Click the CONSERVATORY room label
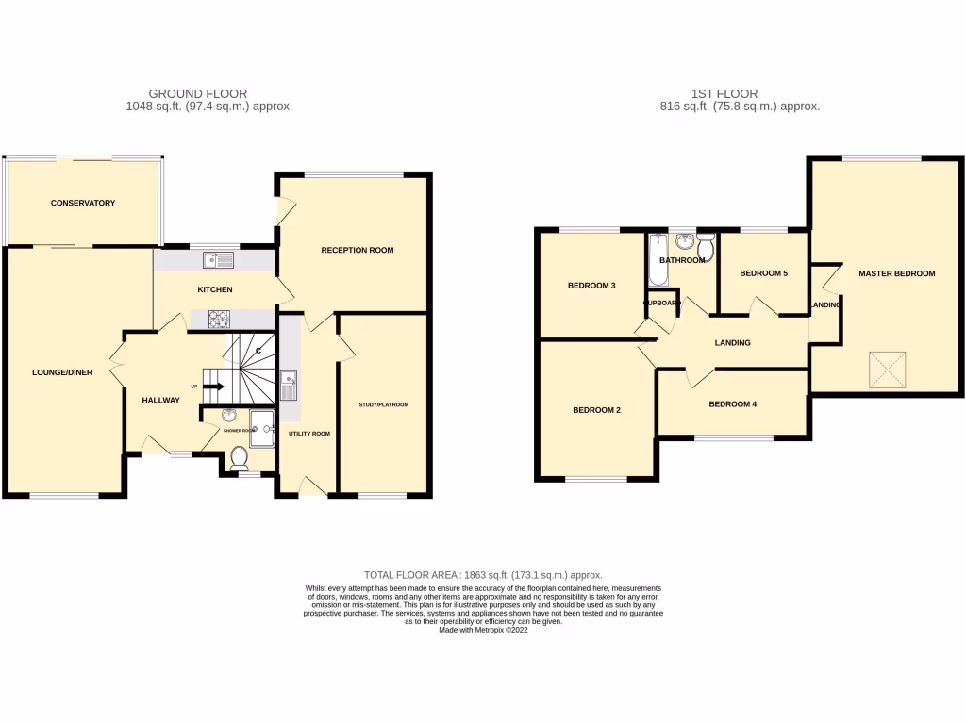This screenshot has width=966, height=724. pos(83,203)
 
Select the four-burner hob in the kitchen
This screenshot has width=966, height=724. pos(219,319)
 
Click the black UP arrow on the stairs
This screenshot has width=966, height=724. pos(211,386)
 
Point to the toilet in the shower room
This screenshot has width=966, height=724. pos(239,458)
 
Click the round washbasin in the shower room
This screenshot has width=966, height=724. pos(229,416)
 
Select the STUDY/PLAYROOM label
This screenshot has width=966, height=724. pos(383,405)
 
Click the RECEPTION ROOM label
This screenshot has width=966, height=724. pos(358,250)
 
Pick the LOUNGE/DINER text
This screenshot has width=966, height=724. pos(61,372)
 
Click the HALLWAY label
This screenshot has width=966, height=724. pos(160,401)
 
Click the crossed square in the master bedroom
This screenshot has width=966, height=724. pos(887,369)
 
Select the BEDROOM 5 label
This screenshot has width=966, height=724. pos(763,273)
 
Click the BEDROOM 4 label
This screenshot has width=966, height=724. pos(733,404)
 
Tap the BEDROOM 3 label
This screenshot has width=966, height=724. pos(591,285)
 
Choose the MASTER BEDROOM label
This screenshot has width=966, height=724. pos(896,273)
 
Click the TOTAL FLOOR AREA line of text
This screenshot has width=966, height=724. pos(483,575)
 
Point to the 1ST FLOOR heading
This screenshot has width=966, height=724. pos(724,93)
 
